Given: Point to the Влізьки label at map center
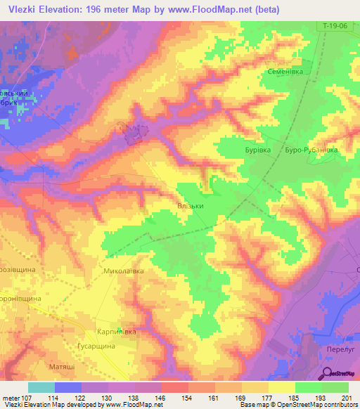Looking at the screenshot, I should pyautogui.click(x=190, y=207).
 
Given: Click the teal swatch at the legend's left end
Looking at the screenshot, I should pyautogui.click(x=41, y=387).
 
